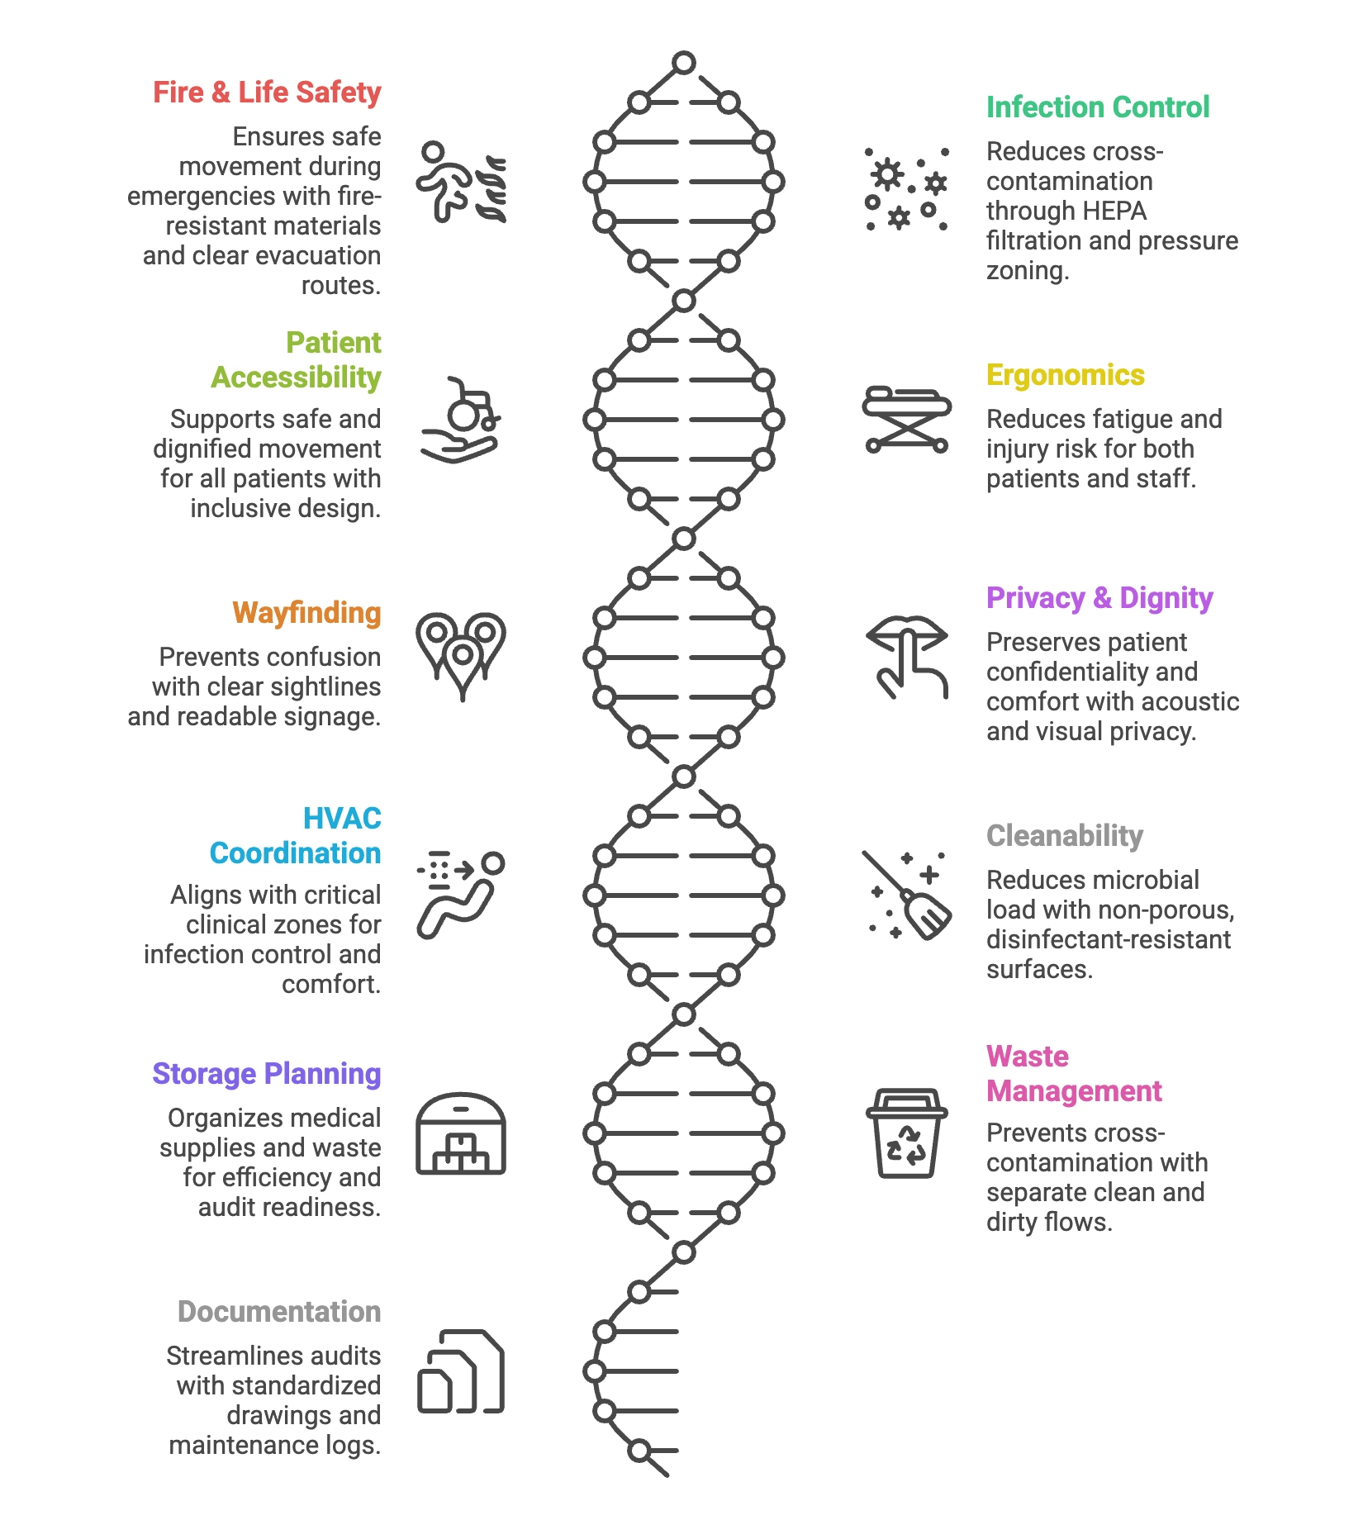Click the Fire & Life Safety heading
pos(267,93)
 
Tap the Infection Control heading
pos(1098,107)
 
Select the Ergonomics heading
pos(1066,375)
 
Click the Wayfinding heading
pos(306,613)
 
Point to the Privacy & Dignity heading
pos(1099,598)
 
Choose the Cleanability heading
pos(1065,836)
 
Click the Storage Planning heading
pos(267,1074)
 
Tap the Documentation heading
pos(279,1312)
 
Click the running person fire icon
pos(461,183)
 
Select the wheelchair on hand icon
pos(461,420)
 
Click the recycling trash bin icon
pos(907,1133)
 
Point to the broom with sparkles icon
pos(907,895)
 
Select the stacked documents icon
pos(461,1371)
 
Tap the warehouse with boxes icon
pos(461,1133)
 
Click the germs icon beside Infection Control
pos(907,189)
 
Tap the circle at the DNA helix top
pos(684,63)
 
